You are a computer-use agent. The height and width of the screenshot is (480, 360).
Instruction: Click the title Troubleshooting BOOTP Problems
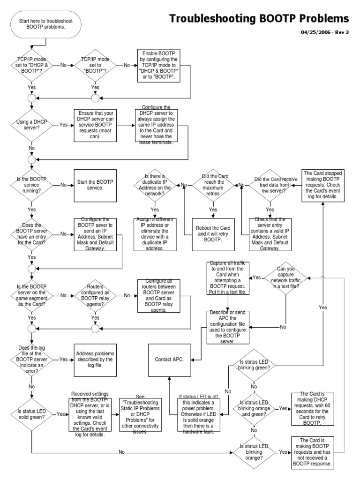click(x=259, y=19)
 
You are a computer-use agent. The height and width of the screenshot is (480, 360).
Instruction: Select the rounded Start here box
click(x=46, y=23)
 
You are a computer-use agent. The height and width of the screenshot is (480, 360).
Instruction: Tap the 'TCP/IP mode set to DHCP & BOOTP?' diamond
click(x=31, y=65)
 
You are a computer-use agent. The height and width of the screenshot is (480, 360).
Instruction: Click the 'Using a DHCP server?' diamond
click(x=31, y=126)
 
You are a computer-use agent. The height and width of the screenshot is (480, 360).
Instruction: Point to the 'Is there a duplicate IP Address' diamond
click(x=155, y=185)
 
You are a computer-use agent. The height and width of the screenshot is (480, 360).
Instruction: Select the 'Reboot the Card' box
click(x=212, y=232)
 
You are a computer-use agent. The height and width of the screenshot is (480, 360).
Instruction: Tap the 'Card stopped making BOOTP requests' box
click(x=323, y=185)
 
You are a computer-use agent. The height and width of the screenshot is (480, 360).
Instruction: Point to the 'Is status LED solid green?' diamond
click(x=31, y=414)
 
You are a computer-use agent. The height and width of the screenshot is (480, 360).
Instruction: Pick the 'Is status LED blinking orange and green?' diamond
click(x=254, y=408)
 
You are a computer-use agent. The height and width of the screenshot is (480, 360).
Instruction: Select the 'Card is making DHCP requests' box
click(x=312, y=408)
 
